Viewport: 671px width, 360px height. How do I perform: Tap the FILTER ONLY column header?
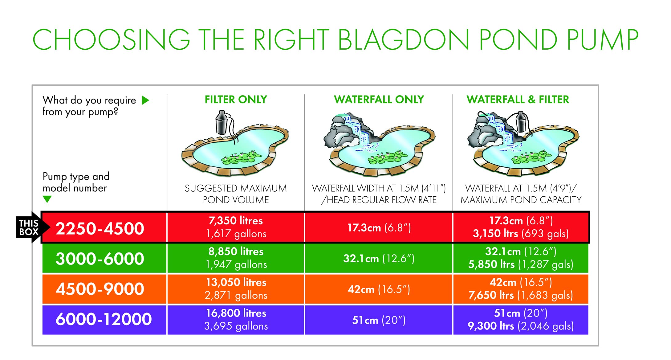pyautogui.click(x=236, y=100)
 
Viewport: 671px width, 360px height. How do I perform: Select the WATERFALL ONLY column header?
pyautogui.click(x=379, y=100)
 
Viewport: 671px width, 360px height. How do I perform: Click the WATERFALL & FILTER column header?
pyautogui.click(x=518, y=100)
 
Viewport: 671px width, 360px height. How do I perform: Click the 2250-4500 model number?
pyautogui.click(x=100, y=228)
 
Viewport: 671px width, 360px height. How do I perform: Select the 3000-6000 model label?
pyautogui.click(x=100, y=259)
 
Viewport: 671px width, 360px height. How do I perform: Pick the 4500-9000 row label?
pyautogui.click(x=100, y=289)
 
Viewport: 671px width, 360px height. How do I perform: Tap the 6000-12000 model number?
pyautogui.click(x=104, y=319)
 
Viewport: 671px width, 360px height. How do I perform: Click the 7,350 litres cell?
pyautogui.click(x=236, y=227)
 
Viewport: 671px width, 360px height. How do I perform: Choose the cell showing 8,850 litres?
pyautogui.click(x=236, y=258)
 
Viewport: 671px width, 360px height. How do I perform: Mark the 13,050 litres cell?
pyautogui.click(x=236, y=289)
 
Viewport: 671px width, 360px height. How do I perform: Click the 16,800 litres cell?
pyautogui.click(x=236, y=320)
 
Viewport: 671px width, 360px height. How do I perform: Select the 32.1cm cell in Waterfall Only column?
pyautogui.click(x=379, y=258)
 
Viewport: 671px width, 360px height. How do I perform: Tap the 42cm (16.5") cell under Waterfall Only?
pyautogui.click(x=379, y=289)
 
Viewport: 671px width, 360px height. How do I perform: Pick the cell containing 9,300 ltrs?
pyautogui.click(x=521, y=320)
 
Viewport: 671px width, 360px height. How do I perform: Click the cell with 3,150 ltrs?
pyautogui.click(x=521, y=227)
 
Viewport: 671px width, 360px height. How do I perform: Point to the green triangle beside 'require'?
pyautogui.click(x=145, y=100)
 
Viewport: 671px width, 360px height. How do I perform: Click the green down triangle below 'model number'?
pyautogui.click(x=47, y=199)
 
